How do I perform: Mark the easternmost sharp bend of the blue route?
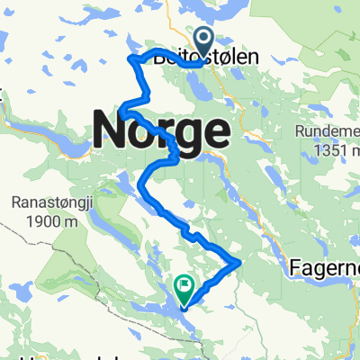[x=240, y=262]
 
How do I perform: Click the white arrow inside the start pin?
[x=202, y=39]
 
